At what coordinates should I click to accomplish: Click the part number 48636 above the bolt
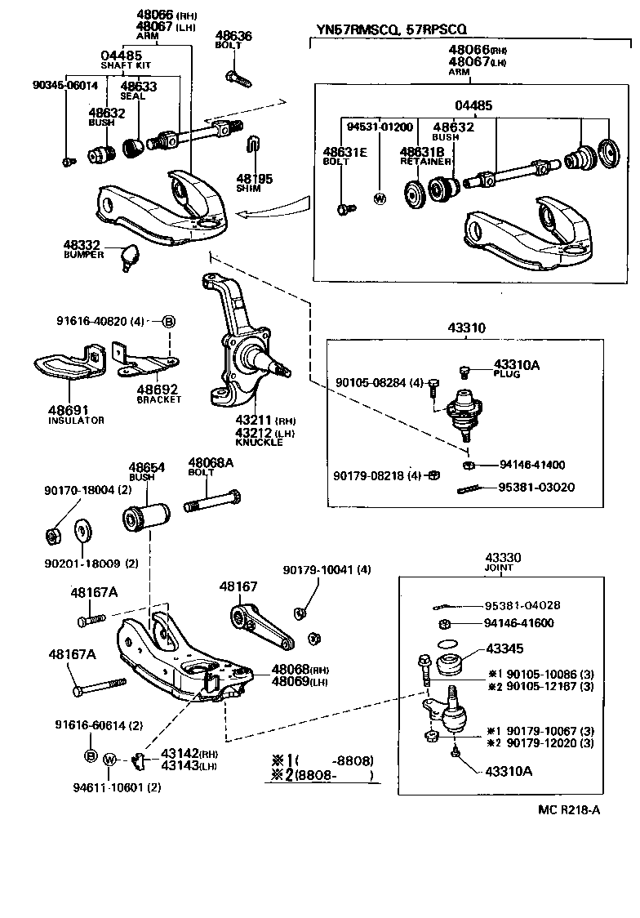coord(233,36)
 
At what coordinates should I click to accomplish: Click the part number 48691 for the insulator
coord(68,409)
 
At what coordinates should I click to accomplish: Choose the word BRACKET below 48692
coord(158,399)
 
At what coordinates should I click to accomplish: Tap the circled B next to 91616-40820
coord(168,321)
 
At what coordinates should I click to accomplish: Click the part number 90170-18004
coord(78,490)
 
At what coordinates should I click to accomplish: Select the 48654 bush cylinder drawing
coord(145,518)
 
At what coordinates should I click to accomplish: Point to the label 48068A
coord(211,462)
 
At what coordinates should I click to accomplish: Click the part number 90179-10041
coord(318,569)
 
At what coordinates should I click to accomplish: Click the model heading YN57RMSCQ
coord(353,29)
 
